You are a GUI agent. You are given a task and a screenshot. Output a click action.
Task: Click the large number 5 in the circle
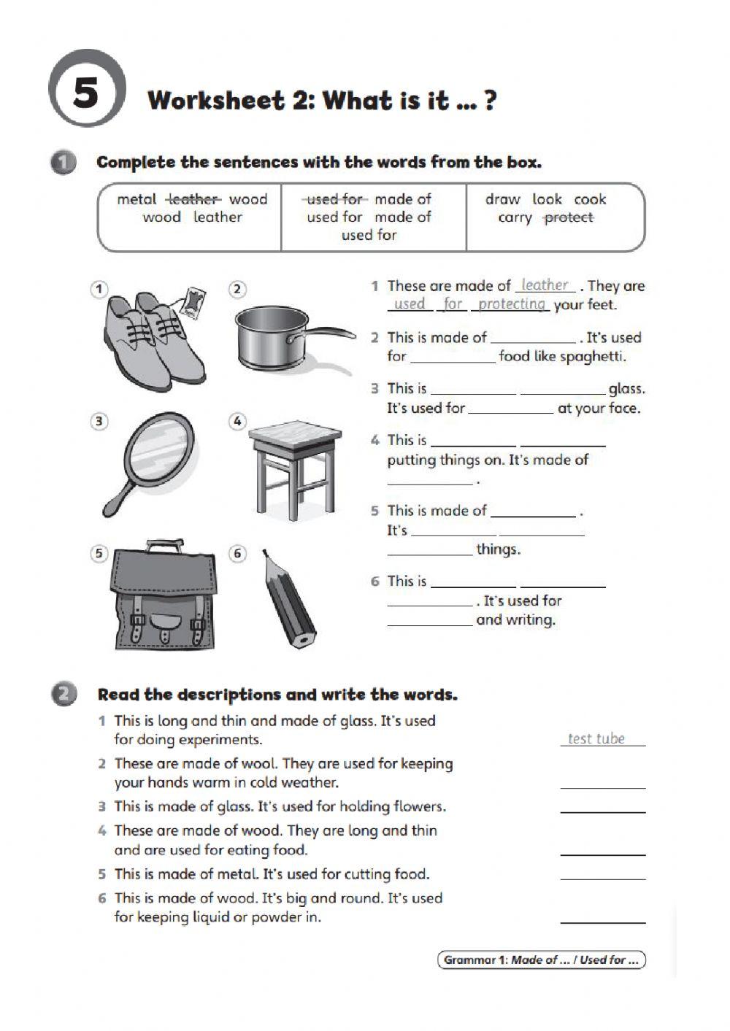click(x=86, y=93)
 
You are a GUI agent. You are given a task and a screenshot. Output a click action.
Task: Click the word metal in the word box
click(x=137, y=199)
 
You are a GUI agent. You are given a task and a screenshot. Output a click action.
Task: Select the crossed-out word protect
click(x=569, y=217)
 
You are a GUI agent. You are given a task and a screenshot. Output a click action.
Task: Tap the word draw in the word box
click(x=502, y=199)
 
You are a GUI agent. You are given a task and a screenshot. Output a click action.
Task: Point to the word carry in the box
click(x=515, y=217)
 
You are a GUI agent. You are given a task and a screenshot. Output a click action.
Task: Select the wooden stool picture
click(x=295, y=467)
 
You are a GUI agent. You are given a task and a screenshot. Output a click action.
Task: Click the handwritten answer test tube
click(x=596, y=738)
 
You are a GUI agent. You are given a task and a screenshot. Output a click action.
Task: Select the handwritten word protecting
click(x=512, y=304)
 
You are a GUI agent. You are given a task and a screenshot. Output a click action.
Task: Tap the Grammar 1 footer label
click(x=541, y=960)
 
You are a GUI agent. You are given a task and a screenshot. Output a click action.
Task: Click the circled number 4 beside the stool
click(x=237, y=421)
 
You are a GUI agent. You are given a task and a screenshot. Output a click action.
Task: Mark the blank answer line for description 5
click(x=603, y=878)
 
